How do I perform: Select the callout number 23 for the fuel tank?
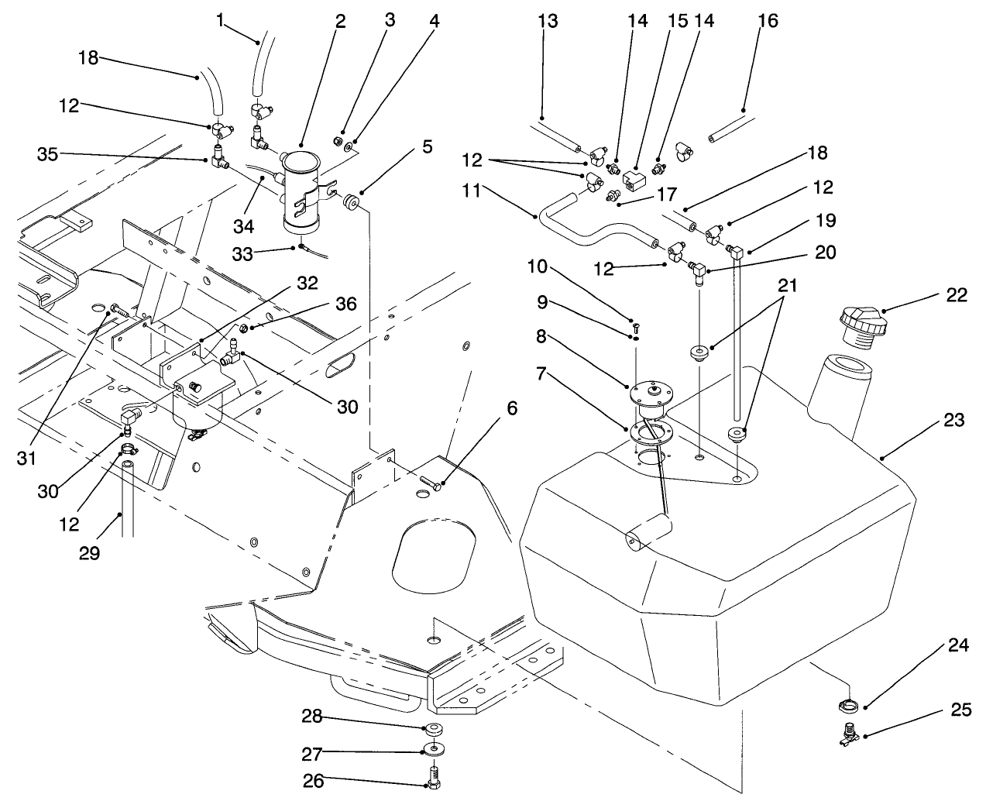tap(954, 420)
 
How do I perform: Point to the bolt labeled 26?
tap(434, 775)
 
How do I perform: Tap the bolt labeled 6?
tap(431, 483)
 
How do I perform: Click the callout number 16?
tap(768, 21)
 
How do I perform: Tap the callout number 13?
tap(547, 21)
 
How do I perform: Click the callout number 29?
tap(90, 555)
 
